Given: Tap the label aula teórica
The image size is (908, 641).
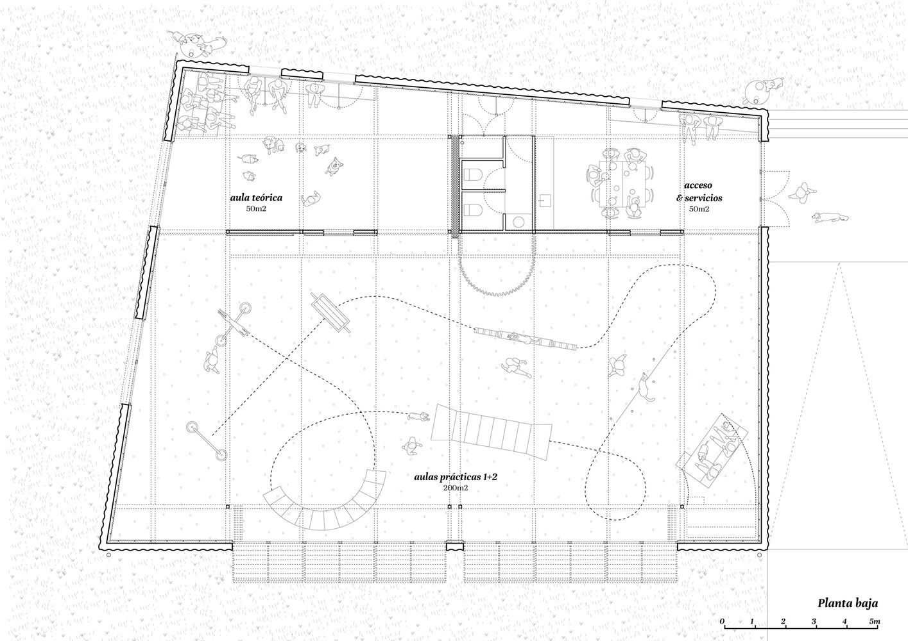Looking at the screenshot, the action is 256,197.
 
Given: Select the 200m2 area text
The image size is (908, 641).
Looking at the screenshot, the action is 456,488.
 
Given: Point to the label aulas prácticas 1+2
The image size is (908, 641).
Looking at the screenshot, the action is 456,477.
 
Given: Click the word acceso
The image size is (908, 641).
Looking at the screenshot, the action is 698,185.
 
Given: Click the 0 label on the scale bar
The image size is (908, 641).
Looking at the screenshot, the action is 722,621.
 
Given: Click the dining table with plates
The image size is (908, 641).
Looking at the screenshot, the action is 621,185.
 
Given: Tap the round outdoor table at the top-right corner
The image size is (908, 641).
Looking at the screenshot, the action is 757,91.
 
